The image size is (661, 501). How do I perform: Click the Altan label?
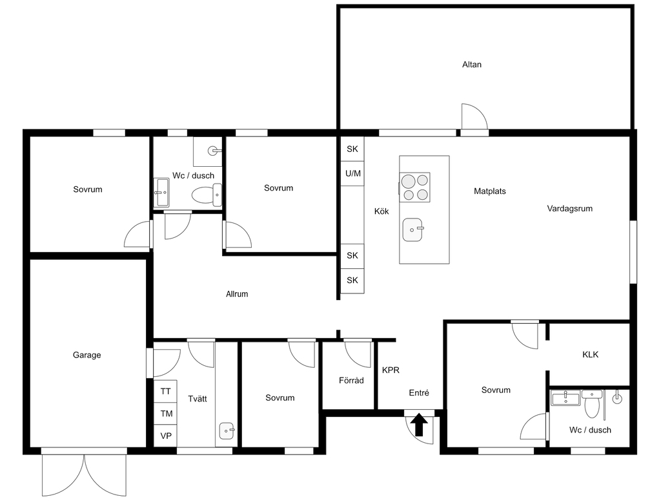point(472,65)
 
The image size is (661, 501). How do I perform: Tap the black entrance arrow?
point(420,425)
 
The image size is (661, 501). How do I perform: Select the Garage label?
point(87,355)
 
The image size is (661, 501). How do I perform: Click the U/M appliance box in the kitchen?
point(352,173)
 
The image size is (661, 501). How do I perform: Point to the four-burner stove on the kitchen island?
point(415,187)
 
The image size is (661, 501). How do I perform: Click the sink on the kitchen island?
point(412,229)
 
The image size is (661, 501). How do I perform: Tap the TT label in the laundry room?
point(165,391)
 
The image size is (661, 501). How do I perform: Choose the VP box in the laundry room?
point(165,435)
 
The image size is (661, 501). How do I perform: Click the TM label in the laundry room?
point(166,414)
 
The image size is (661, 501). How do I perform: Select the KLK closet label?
point(590,354)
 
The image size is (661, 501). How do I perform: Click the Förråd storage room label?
point(351,380)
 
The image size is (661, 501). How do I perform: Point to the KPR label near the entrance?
point(391,370)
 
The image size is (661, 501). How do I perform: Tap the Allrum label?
point(237,294)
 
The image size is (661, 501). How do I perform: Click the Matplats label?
point(490,191)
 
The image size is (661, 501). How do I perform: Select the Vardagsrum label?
point(569,209)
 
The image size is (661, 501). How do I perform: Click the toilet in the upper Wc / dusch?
point(207,195)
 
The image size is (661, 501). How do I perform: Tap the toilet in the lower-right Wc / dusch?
point(593,402)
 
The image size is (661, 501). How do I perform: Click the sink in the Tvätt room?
point(227,431)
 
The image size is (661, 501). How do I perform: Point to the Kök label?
point(381,211)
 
